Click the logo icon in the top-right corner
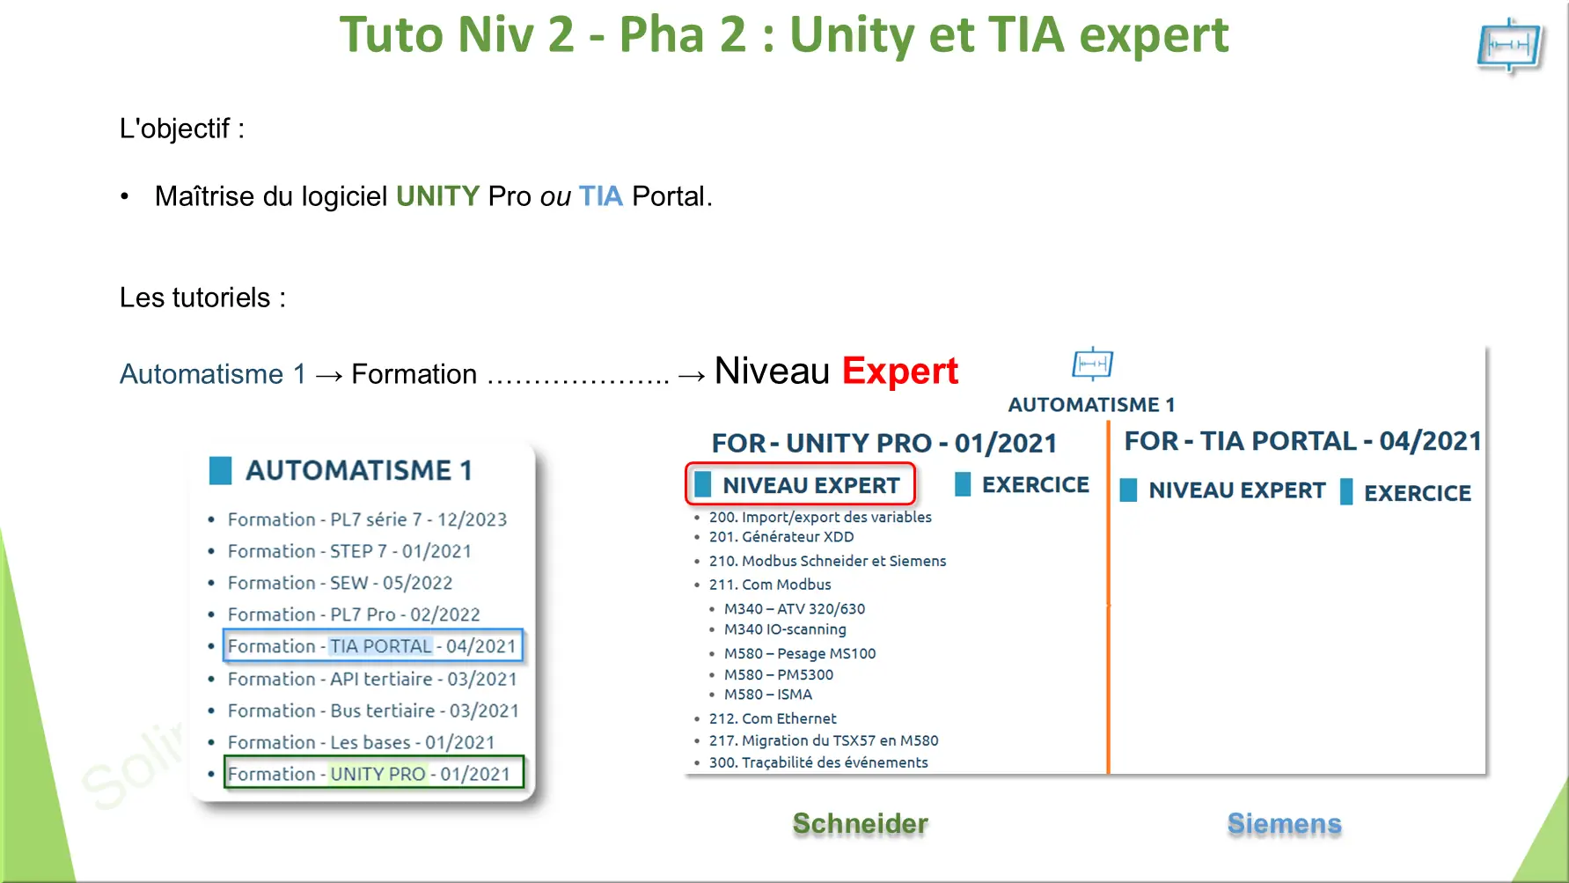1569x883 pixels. point(1510,46)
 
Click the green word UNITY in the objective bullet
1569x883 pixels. point(437,195)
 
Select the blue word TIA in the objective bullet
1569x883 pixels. point(600,195)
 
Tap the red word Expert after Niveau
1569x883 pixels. point(899,372)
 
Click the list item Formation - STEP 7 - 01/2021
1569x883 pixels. point(349,551)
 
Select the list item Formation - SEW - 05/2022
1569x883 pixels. point(340,583)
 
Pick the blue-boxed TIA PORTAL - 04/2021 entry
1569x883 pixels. point(373,645)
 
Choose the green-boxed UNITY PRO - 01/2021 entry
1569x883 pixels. point(374,773)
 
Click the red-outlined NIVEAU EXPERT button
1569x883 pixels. point(800,484)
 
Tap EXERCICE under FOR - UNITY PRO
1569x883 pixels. point(1035,484)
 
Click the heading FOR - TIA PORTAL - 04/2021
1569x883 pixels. point(1302,440)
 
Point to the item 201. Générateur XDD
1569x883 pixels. point(781,536)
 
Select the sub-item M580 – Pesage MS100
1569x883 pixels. point(800,653)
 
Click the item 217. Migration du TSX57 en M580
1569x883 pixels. point(824,740)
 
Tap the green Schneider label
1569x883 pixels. point(860,823)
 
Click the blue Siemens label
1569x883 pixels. point(1284,823)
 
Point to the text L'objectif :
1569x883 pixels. point(182,129)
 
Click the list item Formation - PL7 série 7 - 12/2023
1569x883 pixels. point(367,519)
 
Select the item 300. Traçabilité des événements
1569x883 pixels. point(818,762)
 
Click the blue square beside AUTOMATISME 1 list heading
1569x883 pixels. point(220,470)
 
